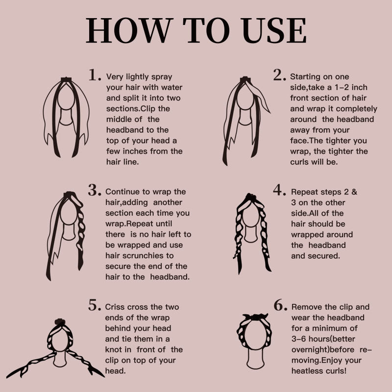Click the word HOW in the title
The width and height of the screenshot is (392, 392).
(x=129, y=30)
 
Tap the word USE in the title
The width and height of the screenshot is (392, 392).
(x=274, y=30)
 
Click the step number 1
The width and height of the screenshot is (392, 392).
(x=95, y=75)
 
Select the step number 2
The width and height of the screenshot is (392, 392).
(x=279, y=75)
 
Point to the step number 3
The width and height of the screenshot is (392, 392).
(x=95, y=190)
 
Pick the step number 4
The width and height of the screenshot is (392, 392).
(x=279, y=190)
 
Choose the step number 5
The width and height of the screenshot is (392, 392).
(x=95, y=305)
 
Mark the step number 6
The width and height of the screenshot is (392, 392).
(x=280, y=305)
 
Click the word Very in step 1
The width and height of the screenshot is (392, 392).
(x=115, y=77)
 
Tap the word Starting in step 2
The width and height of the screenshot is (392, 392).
(x=306, y=77)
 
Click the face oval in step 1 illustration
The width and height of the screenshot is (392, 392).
(x=66, y=96)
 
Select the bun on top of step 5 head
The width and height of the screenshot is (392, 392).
(x=60, y=322)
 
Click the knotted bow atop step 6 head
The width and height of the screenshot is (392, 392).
(x=255, y=317)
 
